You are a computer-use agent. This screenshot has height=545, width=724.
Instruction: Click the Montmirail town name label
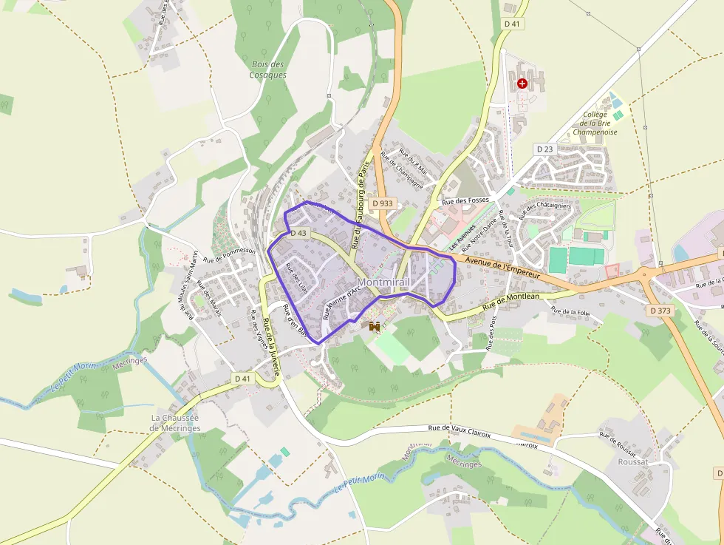(383, 282)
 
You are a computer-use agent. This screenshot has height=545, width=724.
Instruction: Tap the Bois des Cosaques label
(267, 70)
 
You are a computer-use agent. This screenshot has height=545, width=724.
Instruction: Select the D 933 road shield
(383, 203)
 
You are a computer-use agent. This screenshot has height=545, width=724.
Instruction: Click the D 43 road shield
(298, 233)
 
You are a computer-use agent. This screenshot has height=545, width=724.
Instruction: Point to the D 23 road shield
(544, 149)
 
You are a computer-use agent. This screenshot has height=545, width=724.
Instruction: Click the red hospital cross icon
(523, 84)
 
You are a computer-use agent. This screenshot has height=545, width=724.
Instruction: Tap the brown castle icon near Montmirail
(375, 325)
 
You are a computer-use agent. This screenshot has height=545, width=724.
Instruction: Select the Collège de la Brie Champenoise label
(595, 123)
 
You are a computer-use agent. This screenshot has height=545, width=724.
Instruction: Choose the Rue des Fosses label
(465, 200)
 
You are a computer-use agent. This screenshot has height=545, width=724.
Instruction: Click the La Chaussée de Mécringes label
(175, 422)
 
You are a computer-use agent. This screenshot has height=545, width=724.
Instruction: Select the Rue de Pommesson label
(229, 255)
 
